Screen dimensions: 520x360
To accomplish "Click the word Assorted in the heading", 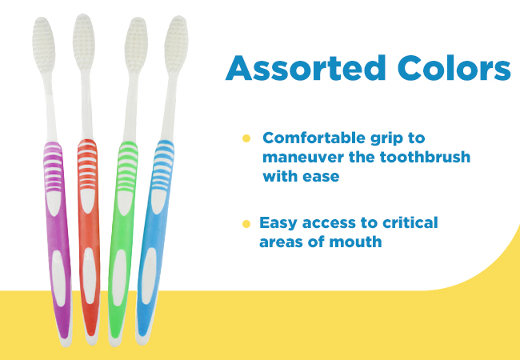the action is pyautogui.click(x=306, y=68).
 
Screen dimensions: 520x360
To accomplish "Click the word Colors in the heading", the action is pyautogui.click(x=454, y=68).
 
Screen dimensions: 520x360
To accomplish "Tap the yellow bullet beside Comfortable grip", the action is pyautogui.click(x=246, y=138).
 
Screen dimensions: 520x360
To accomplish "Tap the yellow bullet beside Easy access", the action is pyautogui.click(x=246, y=224).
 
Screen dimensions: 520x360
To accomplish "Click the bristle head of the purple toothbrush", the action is pyautogui.click(x=43, y=45).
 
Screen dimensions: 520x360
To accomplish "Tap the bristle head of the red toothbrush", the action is pyautogui.click(x=84, y=42).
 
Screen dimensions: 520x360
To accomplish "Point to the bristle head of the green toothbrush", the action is pyautogui.click(x=136, y=45).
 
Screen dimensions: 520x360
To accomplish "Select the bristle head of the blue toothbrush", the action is pyautogui.click(x=176, y=44).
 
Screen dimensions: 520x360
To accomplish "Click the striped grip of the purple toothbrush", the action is pyautogui.click(x=53, y=167).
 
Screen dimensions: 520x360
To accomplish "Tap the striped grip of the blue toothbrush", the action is pyautogui.click(x=163, y=166).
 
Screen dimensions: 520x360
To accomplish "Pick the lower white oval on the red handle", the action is pyautogui.click(x=89, y=276).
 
